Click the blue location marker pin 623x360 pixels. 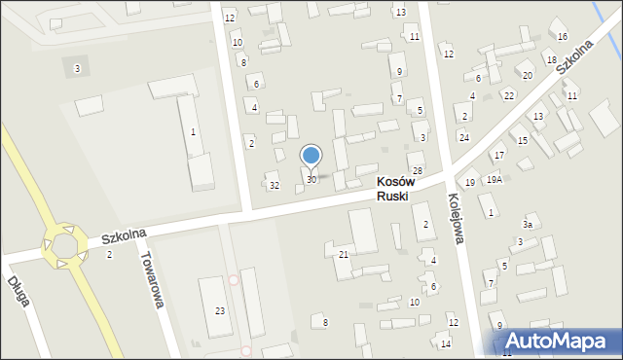(x=311, y=156)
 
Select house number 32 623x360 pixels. (x=275, y=186)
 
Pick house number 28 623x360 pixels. (x=417, y=171)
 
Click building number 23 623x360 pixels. (x=220, y=310)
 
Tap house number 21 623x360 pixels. (x=344, y=254)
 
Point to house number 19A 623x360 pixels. (x=495, y=180)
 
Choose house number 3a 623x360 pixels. (x=528, y=225)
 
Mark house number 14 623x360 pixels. (x=445, y=343)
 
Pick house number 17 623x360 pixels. (x=498, y=156)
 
